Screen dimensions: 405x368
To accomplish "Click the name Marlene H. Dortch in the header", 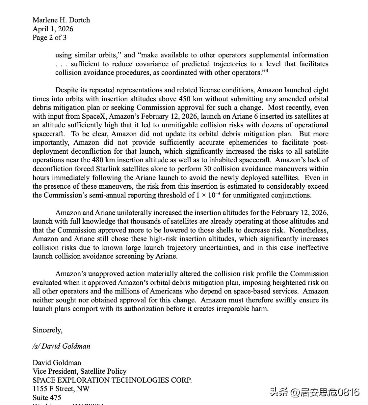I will pyautogui.click(x=61, y=20).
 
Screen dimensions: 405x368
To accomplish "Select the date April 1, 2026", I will pyautogui.click(x=53, y=29).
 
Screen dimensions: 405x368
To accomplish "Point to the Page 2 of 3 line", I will pyautogui.click(x=49, y=38).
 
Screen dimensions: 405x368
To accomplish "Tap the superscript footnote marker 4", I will pyautogui.click(x=267, y=70).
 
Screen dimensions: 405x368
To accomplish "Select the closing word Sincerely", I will pyautogui.click(x=47, y=330).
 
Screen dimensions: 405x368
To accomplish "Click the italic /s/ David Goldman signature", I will pyautogui.click(x=61, y=346).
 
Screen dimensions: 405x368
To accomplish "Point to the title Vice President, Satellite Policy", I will pyautogui.click(x=79, y=371).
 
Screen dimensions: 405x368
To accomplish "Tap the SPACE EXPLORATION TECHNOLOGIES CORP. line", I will pyautogui.click(x=112, y=380).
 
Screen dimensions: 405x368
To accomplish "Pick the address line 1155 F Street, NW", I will pyautogui.click(x=61, y=389).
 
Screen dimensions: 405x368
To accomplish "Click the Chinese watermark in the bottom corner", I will pyautogui.click(x=315, y=392).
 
